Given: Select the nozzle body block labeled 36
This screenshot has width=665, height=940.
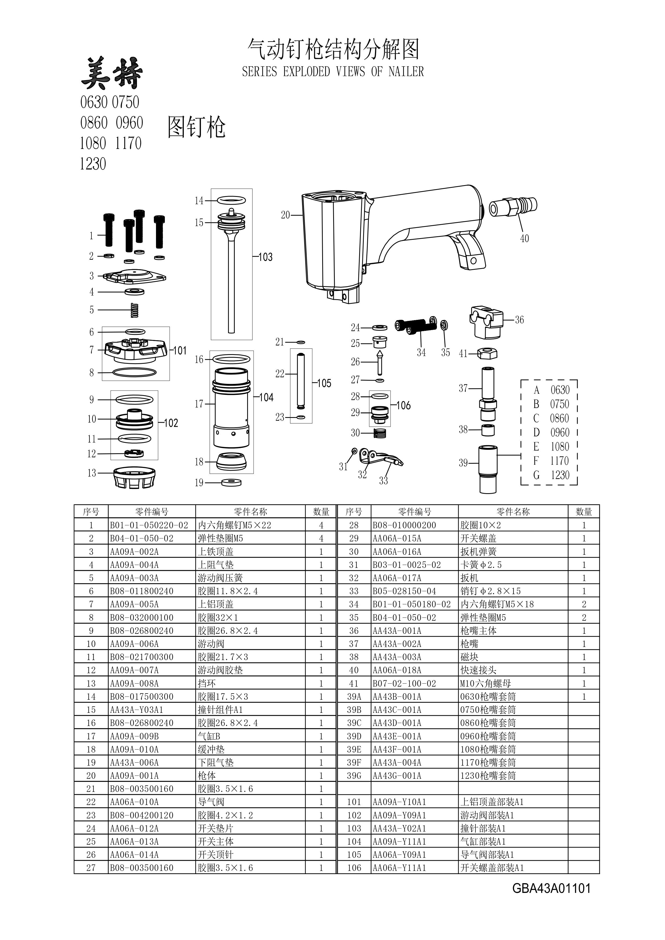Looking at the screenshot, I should click(486, 321).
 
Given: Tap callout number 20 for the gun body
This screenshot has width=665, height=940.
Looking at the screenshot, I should click(285, 215).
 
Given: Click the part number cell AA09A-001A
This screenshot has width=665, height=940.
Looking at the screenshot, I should click(134, 776).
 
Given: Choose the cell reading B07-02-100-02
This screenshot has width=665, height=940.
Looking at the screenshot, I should click(404, 683).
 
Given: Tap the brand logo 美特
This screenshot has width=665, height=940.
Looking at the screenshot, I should click(112, 74).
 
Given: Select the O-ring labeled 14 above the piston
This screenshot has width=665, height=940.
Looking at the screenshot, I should click(231, 200).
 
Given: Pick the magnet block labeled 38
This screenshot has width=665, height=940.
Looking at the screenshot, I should click(487, 430).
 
